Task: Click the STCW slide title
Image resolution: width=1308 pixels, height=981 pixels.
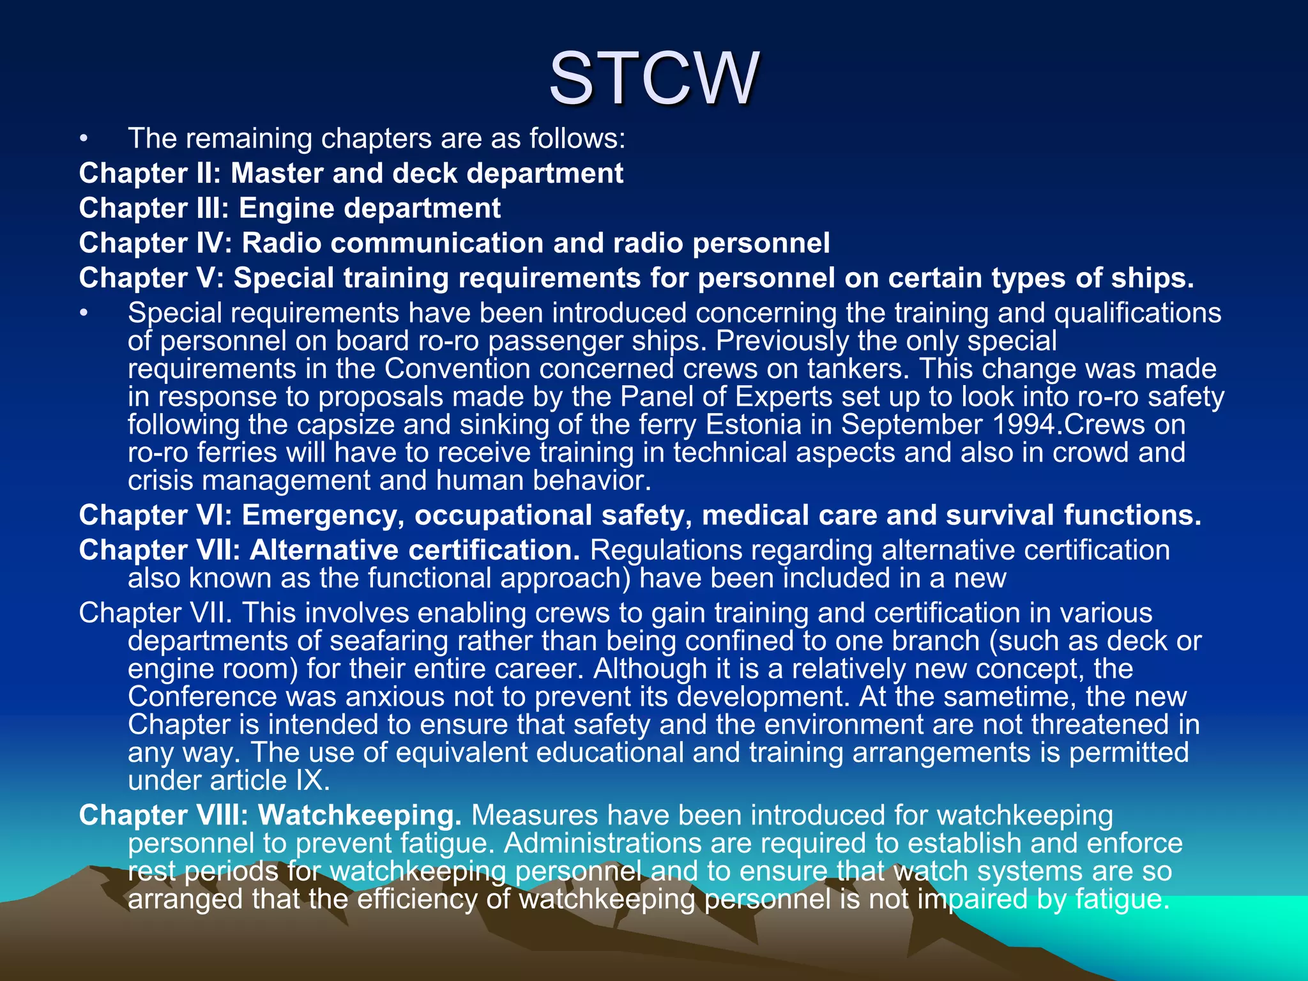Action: point(654,79)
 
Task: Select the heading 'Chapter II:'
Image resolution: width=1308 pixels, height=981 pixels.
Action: point(149,174)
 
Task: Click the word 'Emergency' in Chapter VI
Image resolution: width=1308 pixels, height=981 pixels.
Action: point(323,515)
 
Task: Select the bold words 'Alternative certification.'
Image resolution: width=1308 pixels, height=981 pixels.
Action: point(414,551)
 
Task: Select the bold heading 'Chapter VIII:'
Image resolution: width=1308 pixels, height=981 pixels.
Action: point(163,816)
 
